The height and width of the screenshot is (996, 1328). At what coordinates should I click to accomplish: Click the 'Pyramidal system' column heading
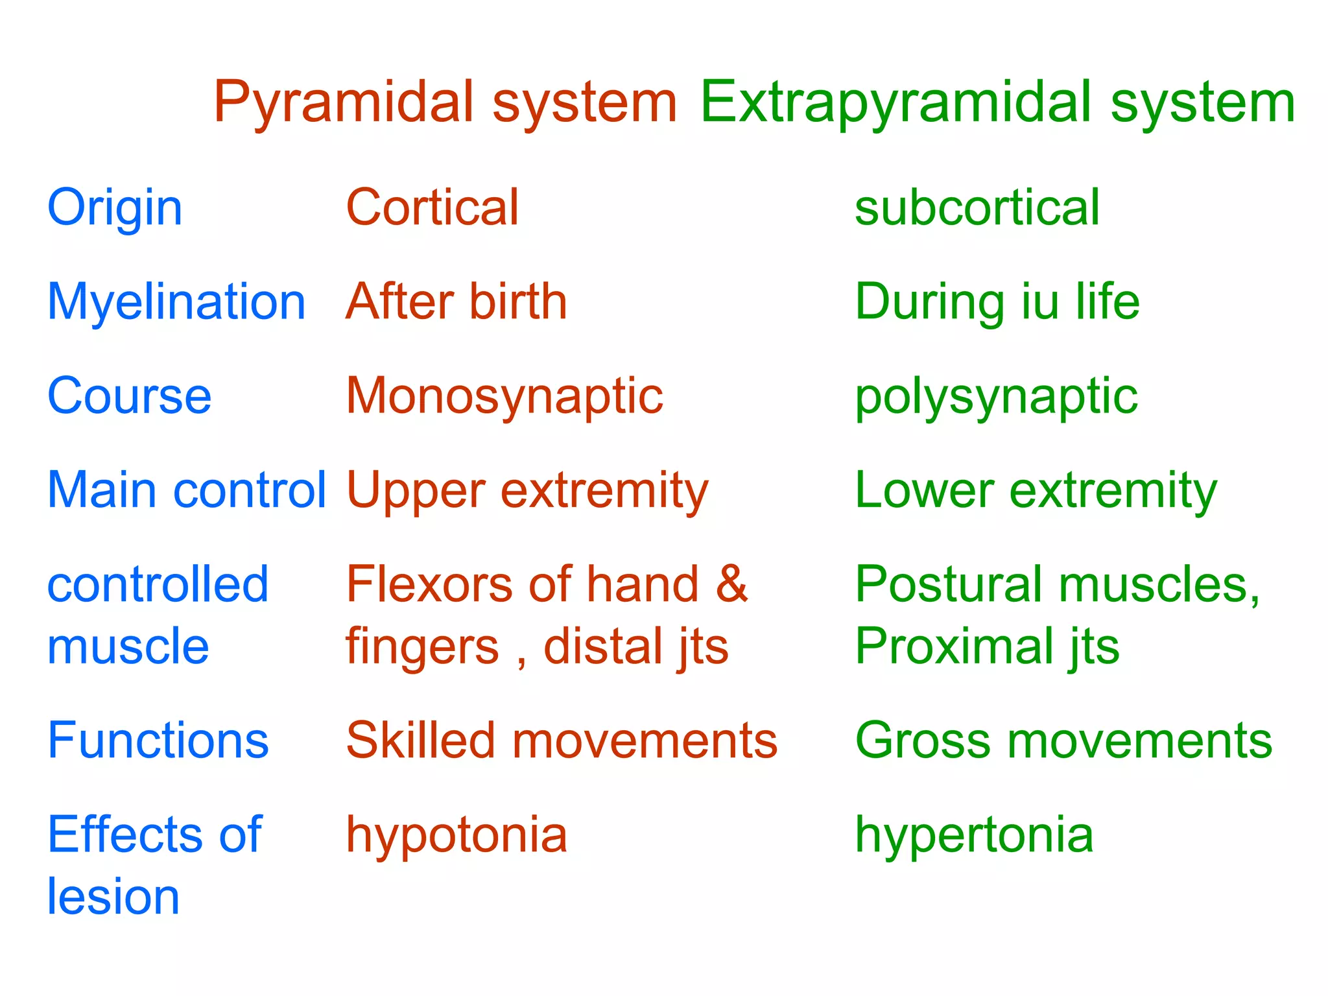[x=445, y=102]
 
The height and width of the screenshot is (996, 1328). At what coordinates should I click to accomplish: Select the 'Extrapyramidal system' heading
[x=997, y=102]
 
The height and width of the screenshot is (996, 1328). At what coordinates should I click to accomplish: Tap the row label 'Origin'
[x=115, y=207]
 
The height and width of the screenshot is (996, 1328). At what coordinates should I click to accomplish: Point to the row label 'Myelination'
[x=176, y=302]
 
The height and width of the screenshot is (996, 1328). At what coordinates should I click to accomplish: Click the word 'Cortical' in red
[x=433, y=207]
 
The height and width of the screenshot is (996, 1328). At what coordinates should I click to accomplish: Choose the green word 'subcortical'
[x=977, y=207]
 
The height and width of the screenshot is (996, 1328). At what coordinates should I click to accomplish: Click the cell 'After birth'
[x=456, y=302]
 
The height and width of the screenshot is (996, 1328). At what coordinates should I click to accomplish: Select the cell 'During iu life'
[x=997, y=302]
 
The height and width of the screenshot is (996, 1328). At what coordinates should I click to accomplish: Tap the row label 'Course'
[x=130, y=396]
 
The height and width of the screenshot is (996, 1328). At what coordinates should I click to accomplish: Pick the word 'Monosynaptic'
[x=504, y=396]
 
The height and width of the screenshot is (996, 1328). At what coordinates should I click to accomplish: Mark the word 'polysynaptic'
[x=996, y=396]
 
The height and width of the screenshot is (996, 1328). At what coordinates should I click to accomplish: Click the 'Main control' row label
[x=187, y=490]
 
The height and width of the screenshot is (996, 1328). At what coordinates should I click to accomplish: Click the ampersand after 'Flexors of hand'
[x=731, y=584]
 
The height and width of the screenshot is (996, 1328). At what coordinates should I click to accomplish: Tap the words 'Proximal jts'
[x=987, y=646]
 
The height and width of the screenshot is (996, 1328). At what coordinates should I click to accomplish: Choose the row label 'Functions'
[x=158, y=741]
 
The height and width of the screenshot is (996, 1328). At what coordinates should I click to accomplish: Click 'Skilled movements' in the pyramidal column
[x=562, y=741]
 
